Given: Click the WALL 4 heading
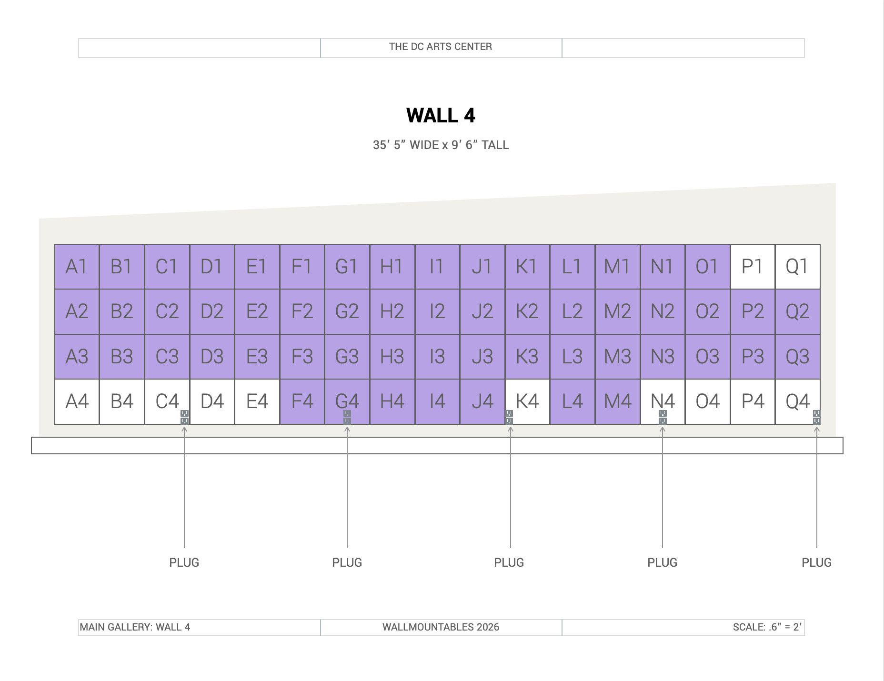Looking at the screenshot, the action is click(441, 116).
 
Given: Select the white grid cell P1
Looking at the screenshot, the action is click(753, 267).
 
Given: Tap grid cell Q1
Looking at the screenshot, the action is click(798, 267).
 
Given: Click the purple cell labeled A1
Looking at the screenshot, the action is click(77, 267).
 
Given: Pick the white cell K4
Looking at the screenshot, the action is click(527, 401).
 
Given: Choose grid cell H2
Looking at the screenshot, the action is click(392, 311).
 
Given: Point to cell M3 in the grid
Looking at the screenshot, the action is click(618, 357).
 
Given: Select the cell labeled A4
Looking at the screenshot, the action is click(77, 401).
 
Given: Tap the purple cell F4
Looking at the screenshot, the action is click(302, 401).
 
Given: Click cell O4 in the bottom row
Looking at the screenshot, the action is click(708, 401).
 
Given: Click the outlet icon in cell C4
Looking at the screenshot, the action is click(185, 417).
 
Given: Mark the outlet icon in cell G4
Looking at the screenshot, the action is click(347, 417).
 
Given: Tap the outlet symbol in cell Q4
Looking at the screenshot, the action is click(816, 417).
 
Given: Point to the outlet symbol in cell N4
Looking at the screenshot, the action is click(663, 417).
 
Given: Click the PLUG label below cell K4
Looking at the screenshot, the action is click(509, 562).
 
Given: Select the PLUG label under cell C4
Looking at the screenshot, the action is click(184, 562).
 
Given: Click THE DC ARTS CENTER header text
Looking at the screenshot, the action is click(441, 47).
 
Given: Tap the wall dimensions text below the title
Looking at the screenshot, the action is click(441, 145).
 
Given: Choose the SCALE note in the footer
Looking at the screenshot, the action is click(767, 627).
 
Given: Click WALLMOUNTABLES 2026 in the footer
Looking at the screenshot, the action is click(441, 627).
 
